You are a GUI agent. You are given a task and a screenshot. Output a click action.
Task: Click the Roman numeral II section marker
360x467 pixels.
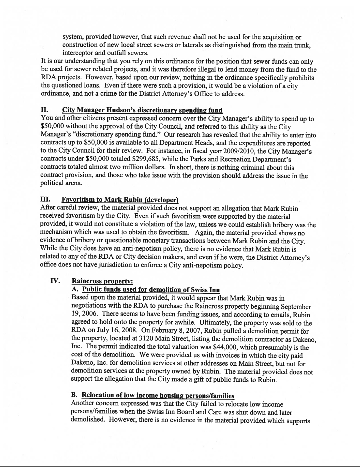[44, 110]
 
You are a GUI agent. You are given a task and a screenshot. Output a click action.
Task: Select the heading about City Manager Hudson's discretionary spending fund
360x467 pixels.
[142, 110]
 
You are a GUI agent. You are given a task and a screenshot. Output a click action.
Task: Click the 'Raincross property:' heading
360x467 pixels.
[104, 281]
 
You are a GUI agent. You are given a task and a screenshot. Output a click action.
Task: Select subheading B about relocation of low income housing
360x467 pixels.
[153, 396]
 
